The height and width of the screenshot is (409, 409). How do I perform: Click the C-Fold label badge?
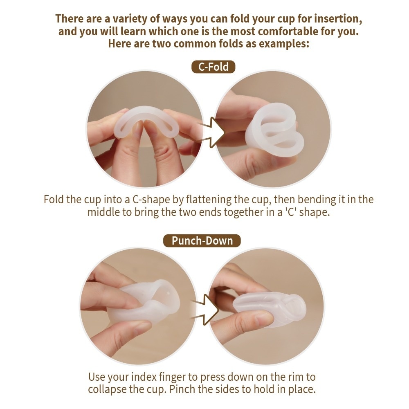tap(213, 67)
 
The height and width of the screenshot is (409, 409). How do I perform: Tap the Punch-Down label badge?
tap(202, 240)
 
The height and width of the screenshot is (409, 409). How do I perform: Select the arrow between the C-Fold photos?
tap(213, 131)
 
